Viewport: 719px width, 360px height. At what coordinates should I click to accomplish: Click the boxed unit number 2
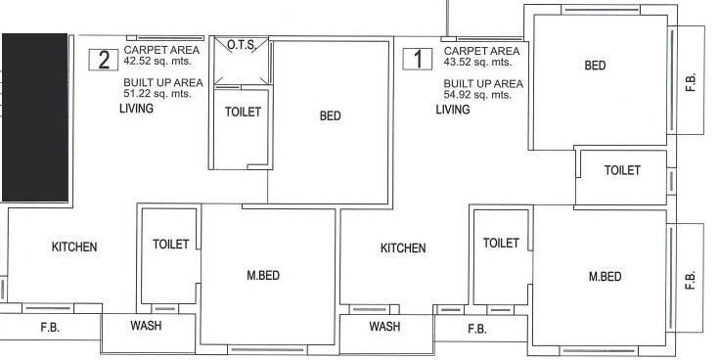pyautogui.click(x=101, y=59)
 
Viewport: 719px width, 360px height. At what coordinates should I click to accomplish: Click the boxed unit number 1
pyautogui.click(x=419, y=59)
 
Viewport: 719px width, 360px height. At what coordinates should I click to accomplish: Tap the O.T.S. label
pyautogui.click(x=241, y=46)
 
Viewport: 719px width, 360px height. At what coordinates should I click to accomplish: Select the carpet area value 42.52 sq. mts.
pyautogui.click(x=161, y=61)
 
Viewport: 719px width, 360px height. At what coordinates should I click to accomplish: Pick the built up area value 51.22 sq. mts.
pyautogui.click(x=161, y=95)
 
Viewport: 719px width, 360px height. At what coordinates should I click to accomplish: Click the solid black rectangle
pyautogui.click(x=35, y=117)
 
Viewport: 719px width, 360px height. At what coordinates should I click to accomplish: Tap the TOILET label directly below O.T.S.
pyautogui.click(x=243, y=112)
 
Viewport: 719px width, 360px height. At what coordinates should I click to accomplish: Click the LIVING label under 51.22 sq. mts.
pyautogui.click(x=135, y=110)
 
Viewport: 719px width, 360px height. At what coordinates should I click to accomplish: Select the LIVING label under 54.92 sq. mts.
pyautogui.click(x=453, y=110)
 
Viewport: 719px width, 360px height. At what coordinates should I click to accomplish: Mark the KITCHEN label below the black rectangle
pyautogui.click(x=74, y=247)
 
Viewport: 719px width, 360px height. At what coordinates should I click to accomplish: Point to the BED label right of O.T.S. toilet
pyautogui.click(x=330, y=115)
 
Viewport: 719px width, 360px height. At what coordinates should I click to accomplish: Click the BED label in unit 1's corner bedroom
pyautogui.click(x=595, y=66)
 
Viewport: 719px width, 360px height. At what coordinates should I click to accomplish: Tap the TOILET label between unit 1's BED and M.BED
pyautogui.click(x=622, y=170)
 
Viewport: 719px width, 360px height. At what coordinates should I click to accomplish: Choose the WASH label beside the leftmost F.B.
pyautogui.click(x=146, y=326)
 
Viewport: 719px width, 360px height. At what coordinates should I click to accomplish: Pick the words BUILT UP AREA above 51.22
pyautogui.click(x=163, y=83)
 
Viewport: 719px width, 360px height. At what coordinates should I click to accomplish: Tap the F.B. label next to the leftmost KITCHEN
pyautogui.click(x=51, y=329)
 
